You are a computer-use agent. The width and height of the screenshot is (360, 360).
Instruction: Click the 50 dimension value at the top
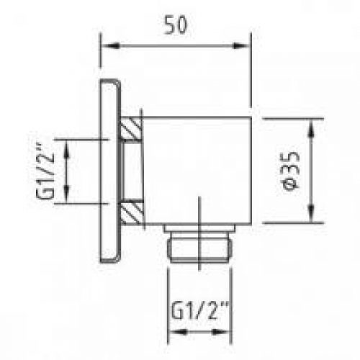176,25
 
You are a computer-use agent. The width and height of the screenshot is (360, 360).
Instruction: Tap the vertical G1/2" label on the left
45,171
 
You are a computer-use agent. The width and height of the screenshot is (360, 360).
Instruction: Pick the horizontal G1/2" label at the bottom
199,311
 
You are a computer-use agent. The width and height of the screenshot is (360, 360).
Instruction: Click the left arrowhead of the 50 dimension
110,45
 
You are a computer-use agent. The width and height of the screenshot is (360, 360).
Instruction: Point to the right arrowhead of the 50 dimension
242,45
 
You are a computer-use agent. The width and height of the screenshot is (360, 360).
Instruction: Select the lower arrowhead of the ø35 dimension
311,213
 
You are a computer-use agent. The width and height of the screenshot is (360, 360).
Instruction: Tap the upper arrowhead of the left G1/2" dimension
66,149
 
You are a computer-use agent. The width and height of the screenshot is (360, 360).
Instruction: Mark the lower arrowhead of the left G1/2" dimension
66,194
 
